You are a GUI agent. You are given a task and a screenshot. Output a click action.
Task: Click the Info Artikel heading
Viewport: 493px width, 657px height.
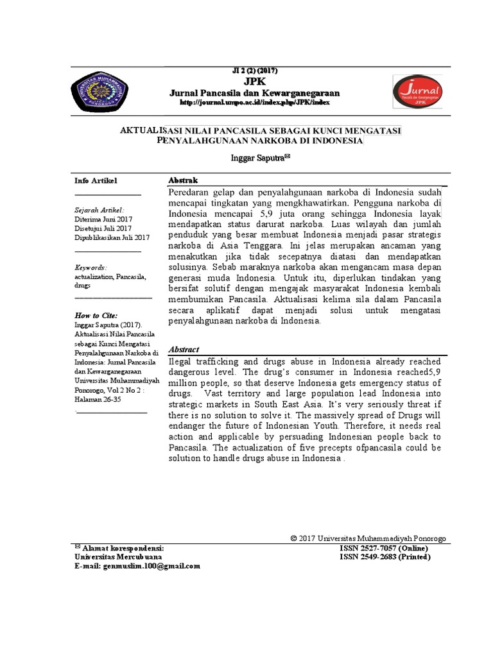tap(96, 181)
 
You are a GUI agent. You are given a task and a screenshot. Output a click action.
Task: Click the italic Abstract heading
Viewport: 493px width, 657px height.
tap(184, 349)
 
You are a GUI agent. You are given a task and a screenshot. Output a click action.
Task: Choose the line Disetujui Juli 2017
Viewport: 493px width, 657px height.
tap(103, 228)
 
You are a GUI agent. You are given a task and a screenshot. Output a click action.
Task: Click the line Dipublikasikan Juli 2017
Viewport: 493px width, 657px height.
tap(112, 237)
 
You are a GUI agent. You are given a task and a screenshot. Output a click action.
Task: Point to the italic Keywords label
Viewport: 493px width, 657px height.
tap(91, 267)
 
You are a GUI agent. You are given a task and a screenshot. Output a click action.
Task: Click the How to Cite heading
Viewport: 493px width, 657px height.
tap(96, 316)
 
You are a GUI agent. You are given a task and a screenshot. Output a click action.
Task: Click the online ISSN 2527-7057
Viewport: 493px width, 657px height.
tap(384, 549)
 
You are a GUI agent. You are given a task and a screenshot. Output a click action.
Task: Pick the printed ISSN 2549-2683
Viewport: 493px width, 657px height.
tap(385, 558)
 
